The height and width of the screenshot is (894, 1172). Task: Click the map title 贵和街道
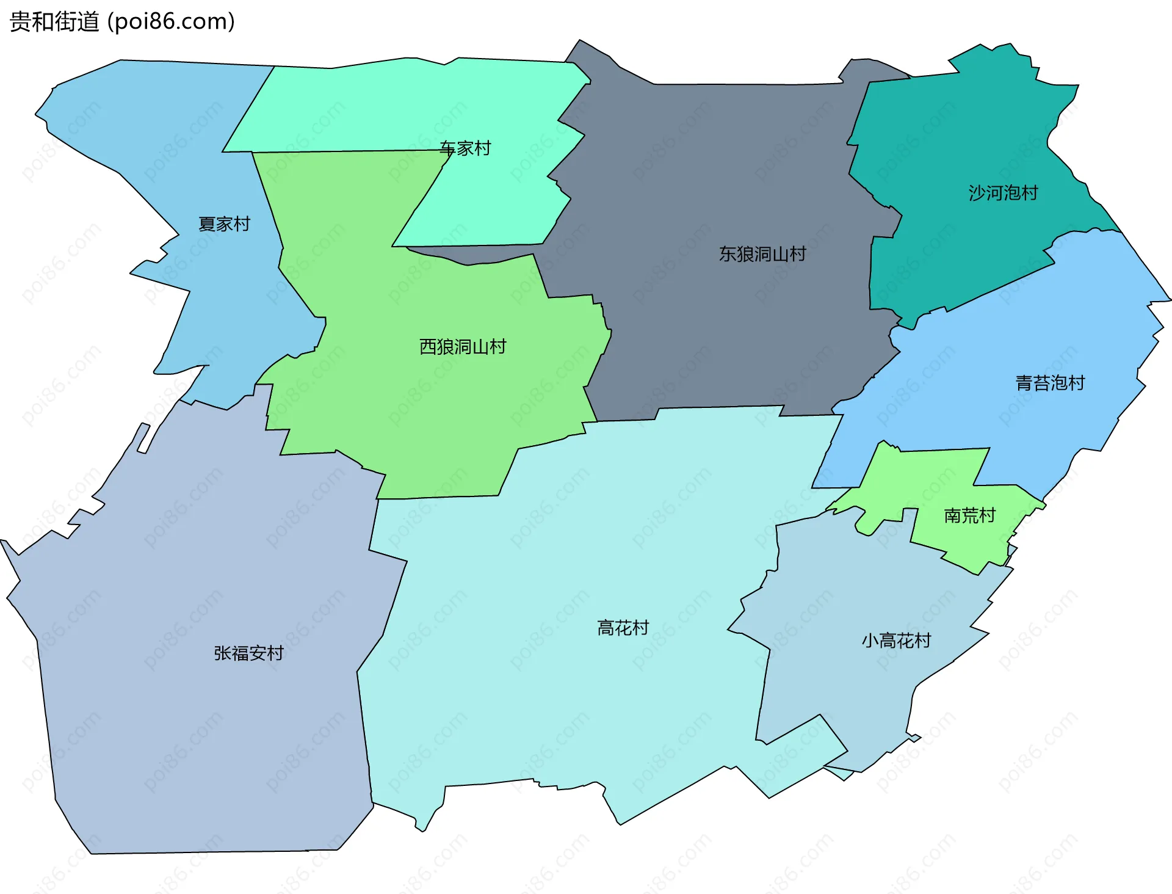[54, 22]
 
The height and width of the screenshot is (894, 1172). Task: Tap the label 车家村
[465, 148]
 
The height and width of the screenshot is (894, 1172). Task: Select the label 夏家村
[224, 224]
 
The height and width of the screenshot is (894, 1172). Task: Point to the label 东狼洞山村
[762, 254]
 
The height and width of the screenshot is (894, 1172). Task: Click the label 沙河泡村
[1003, 193]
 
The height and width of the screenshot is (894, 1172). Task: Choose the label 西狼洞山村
[463, 347]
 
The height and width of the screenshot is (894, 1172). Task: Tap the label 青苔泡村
[1050, 383]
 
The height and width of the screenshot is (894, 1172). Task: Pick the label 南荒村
[969, 516]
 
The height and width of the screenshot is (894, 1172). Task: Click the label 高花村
[623, 628]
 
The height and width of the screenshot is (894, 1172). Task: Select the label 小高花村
[896, 641]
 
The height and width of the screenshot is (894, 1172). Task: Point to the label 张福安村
[248, 653]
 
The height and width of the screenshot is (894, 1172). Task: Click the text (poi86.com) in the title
[171, 22]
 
